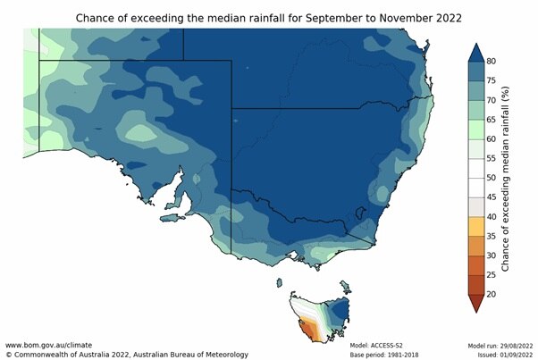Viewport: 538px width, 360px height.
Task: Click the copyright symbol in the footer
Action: point(8,355)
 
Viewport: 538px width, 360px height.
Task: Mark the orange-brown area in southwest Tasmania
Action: point(306,331)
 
